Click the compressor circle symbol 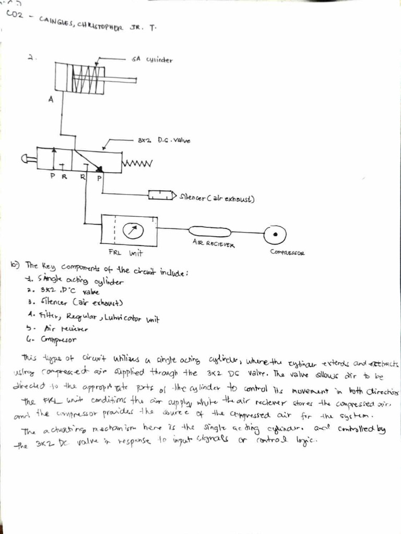[272, 236]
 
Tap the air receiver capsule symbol [209, 230]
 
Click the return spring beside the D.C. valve [137, 164]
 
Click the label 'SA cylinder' [152, 59]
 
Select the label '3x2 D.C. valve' [164, 140]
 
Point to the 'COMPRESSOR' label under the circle [287, 253]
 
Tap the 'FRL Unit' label [125, 253]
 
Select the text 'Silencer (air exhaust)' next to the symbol [216, 198]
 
